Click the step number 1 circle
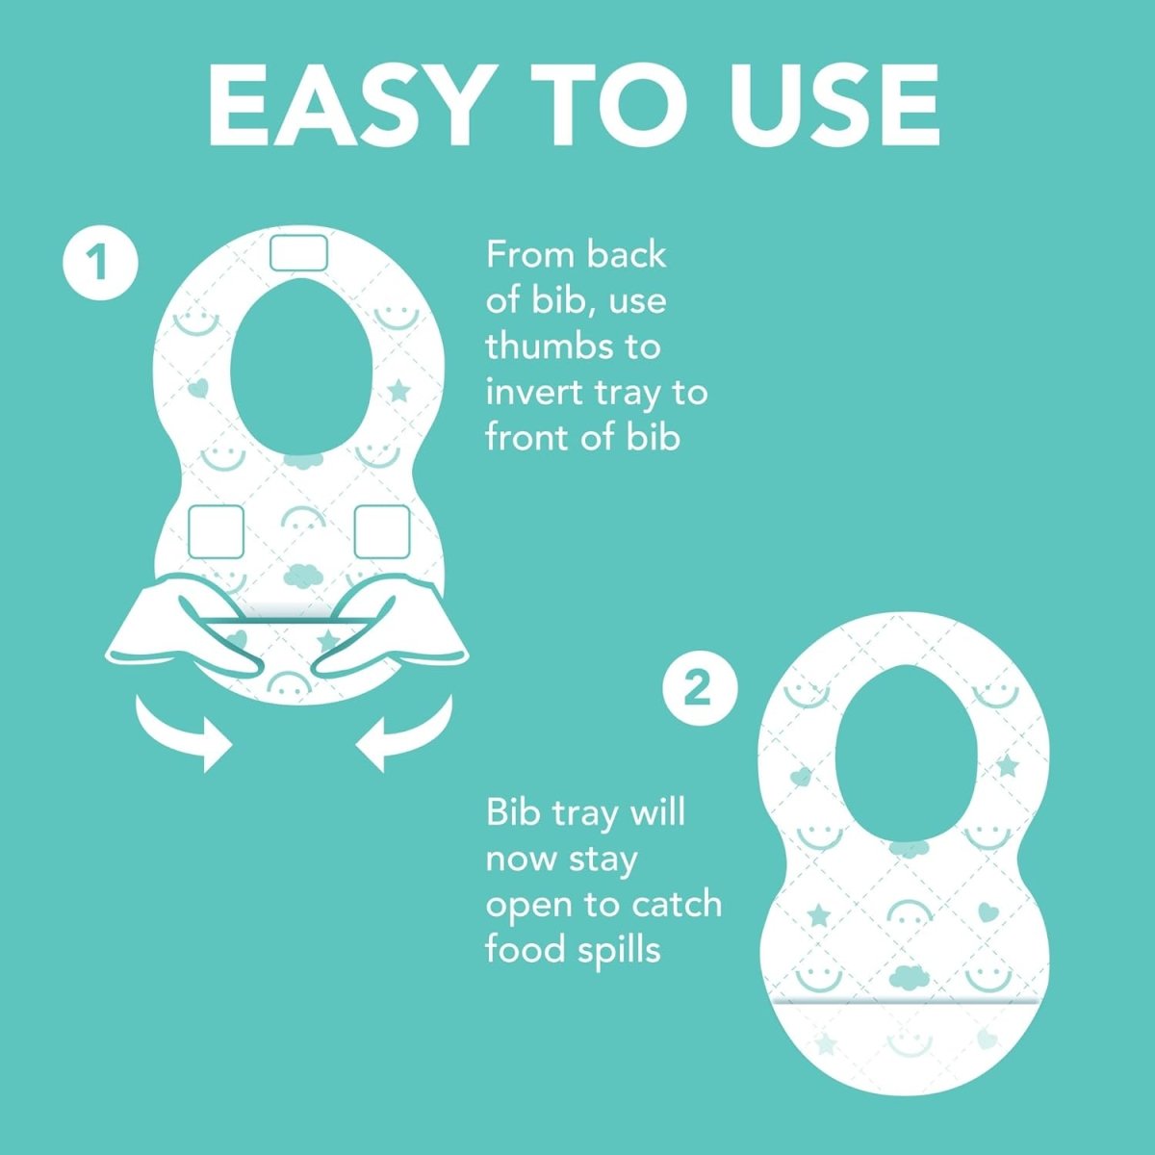pos(100,263)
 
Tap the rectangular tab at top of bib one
pos(298,253)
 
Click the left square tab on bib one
pos(217,531)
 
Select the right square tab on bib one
pos(382,531)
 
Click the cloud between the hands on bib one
pos(302,575)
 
